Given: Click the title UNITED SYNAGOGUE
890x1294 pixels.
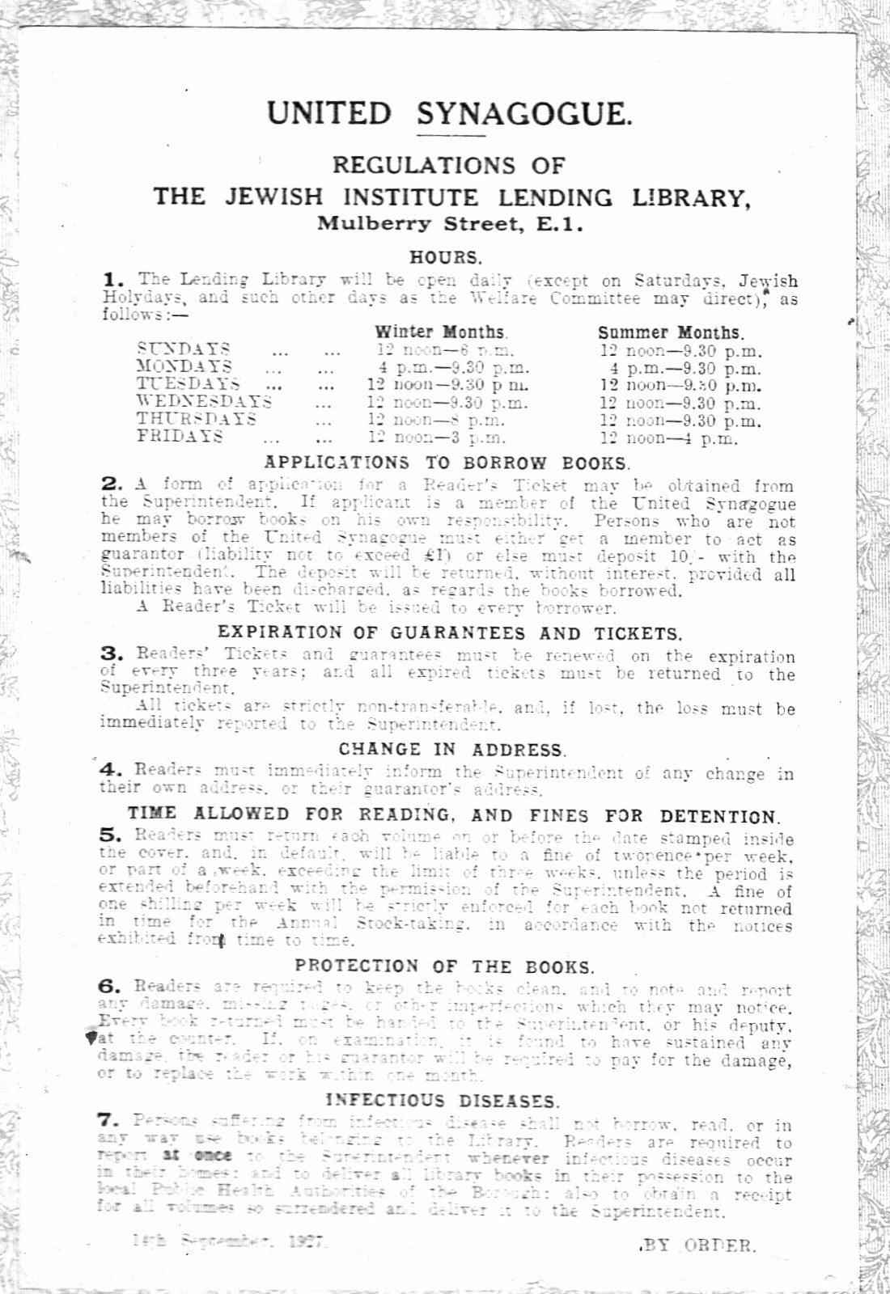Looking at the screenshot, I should [449, 112].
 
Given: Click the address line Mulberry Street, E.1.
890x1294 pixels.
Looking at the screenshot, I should [450, 223].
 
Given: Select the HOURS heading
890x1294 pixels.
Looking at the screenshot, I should [445, 257].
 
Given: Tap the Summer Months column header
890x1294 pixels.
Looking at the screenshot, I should [671, 332].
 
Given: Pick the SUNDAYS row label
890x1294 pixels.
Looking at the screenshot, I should [184, 349].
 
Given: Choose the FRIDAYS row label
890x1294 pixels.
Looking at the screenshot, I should [180, 436].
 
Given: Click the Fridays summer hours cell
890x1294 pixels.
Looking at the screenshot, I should [668, 438].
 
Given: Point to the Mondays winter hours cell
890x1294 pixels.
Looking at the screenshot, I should [447, 367].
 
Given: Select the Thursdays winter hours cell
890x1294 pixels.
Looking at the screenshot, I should [436, 420].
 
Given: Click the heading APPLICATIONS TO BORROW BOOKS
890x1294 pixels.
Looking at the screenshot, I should [447, 463].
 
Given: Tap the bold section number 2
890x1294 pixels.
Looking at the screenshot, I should [112, 484].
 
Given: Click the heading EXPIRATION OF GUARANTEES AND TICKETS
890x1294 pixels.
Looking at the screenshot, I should [450, 633].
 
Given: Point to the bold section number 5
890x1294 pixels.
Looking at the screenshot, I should [112, 835].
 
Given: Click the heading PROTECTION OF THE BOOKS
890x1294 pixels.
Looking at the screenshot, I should [444, 966].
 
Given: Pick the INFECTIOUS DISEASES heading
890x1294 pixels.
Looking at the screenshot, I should [442, 1101].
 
